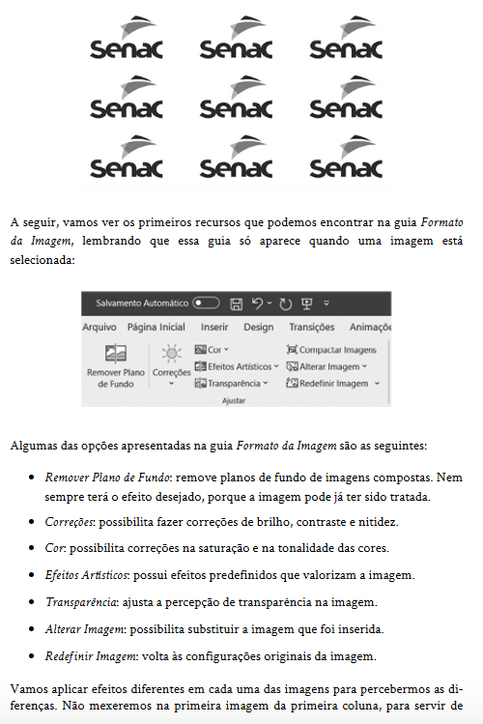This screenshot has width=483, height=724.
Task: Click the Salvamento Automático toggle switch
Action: tap(206, 303)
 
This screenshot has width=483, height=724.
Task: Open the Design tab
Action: tap(258, 327)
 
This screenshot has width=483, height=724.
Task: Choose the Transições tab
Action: tap(311, 327)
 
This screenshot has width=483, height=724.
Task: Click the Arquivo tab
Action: tap(99, 327)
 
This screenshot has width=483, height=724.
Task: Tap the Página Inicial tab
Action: tap(156, 327)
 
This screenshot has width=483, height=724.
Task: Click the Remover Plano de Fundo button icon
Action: tap(116, 353)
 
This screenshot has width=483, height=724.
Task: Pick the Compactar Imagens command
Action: tap(331, 349)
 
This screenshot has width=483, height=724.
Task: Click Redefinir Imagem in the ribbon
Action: tap(332, 383)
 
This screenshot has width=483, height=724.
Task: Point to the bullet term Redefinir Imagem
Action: tap(88, 656)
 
